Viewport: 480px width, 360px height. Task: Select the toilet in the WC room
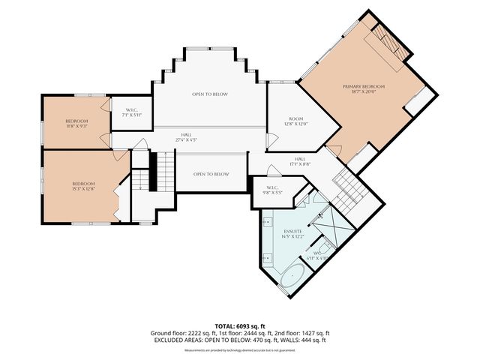click(x=325, y=250)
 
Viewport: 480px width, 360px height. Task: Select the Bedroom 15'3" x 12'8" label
click(x=83, y=187)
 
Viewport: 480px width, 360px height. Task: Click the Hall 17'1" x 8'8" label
click(x=299, y=161)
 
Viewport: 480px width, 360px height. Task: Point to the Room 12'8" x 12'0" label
click(x=295, y=121)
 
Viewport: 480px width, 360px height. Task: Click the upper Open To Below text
click(x=210, y=94)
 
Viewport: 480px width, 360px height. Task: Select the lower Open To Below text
click(x=211, y=174)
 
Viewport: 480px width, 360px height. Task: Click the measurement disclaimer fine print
click(x=239, y=349)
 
